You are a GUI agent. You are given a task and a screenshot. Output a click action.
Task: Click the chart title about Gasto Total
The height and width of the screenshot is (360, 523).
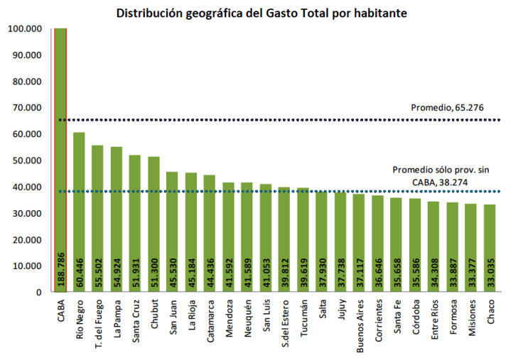[x=261, y=13]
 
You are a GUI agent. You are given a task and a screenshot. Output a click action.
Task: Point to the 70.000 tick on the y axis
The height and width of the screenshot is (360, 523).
[x=26, y=107]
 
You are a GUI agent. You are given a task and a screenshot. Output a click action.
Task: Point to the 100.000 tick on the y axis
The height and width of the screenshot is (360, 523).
[x=24, y=28]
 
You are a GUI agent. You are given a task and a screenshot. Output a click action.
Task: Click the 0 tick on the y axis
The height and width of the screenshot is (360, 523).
[x=38, y=292]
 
